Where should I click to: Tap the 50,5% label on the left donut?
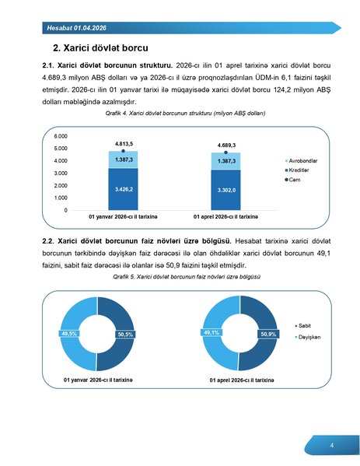(x=125, y=334)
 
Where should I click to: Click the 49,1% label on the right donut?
(x=211, y=333)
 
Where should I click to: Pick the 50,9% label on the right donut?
(x=268, y=334)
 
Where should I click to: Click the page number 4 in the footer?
(x=332, y=446)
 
